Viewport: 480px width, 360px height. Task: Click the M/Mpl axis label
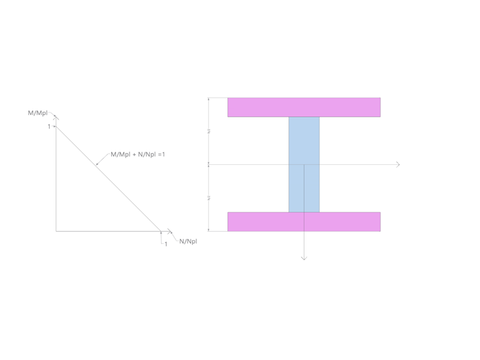pos(37,113)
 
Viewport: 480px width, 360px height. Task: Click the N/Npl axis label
pos(188,241)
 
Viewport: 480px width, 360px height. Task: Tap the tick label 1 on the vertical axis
pos(49,127)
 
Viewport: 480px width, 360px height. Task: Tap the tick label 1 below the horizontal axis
pos(166,244)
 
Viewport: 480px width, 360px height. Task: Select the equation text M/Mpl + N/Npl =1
pos(138,154)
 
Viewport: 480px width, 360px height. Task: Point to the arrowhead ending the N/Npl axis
pos(171,231)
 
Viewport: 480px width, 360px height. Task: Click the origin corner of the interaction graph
pos(56,231)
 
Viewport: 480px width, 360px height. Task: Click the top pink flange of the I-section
pos(304,107)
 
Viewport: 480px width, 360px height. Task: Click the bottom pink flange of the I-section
pos(304,222)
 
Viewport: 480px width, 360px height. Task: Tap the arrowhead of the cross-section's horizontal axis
pos(398,164)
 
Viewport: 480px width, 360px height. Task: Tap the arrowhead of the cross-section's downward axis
pos(304,258)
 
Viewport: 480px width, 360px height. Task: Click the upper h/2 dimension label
pos(208,131)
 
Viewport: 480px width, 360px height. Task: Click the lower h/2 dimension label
pos(208,198)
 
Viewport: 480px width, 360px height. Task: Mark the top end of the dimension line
pos(208,98)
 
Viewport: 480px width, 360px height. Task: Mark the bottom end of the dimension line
pos(208,231)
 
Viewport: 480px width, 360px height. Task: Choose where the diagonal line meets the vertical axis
pos(56,127)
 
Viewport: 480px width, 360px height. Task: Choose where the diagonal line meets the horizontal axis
pos(161,231)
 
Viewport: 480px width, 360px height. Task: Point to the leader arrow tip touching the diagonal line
pos(96,165)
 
